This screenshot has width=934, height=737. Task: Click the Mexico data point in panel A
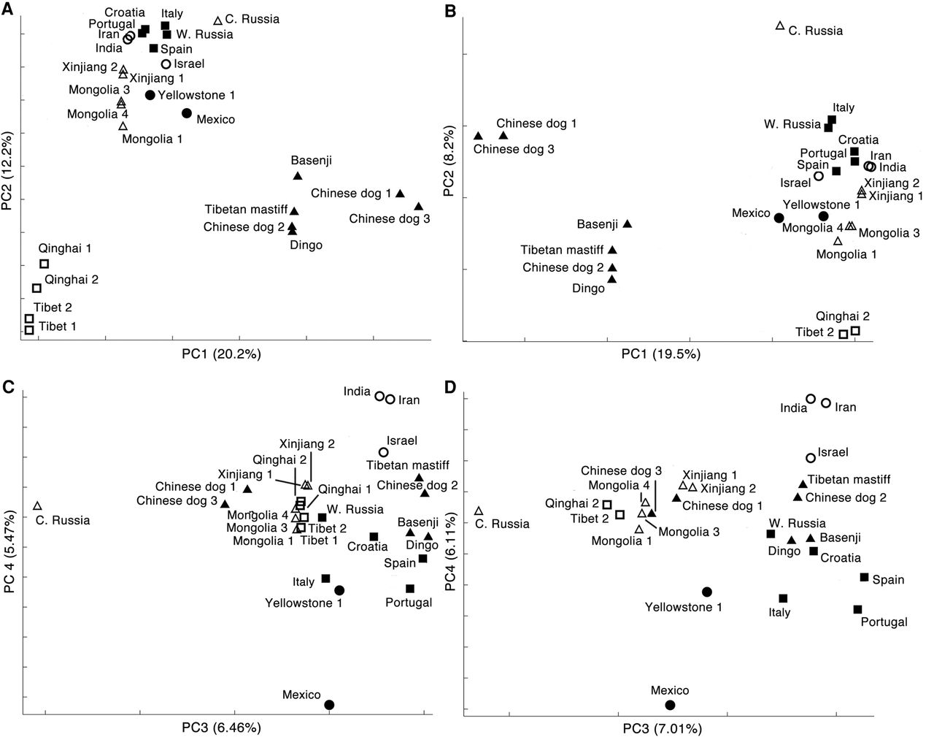[187, 113]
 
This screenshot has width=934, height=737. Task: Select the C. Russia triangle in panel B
[780, 26]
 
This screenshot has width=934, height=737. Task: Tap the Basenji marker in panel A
[298, 176]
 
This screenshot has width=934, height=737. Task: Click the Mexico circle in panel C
[329, 705]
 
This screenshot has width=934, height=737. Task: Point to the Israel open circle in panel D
[811, 458]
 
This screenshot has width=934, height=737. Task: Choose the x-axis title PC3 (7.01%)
[666, 728]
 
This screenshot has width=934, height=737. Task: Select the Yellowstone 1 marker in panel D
[706, 592]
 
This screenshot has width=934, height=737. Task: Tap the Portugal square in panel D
[857, 609]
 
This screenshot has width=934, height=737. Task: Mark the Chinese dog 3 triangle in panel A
[418, 207]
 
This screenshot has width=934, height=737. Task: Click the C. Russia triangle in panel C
[38, 506]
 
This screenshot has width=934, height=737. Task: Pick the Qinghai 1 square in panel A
[44, 264]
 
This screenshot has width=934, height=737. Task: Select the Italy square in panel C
[325, 578]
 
